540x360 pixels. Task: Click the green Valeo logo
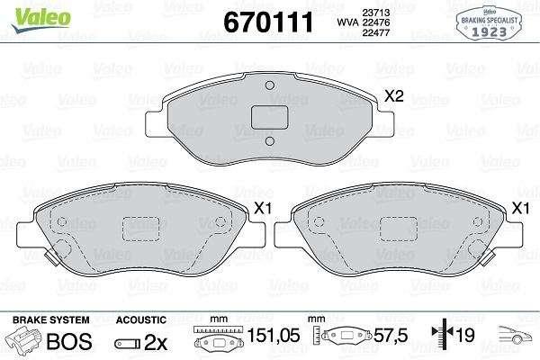point(40,19)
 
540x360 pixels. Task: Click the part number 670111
point(268,22)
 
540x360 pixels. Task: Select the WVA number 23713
point(375,13)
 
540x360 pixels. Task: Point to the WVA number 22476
point(375,22)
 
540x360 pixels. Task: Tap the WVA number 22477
point(375,32)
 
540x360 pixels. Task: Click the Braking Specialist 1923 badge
point(489,23)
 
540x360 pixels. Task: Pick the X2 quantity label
point(393,96)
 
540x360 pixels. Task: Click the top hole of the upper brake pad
point(270,85)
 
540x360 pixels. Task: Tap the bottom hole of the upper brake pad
point(270,141)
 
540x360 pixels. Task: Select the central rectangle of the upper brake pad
point(269,118)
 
